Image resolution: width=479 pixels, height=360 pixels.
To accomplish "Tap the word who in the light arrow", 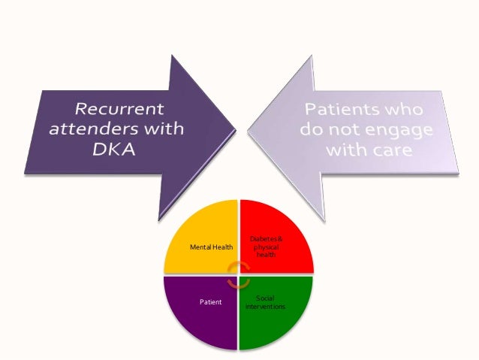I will click(410, 107).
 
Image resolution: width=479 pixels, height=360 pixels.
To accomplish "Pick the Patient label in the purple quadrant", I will click(210, 302).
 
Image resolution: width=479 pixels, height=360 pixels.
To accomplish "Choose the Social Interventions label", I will click(265, 302).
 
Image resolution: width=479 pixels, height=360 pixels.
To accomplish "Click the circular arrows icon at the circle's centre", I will click(239, 274).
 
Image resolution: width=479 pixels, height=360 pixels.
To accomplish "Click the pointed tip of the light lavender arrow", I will click(249, 129).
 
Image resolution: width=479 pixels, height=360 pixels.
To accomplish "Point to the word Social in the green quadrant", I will click(265, 298).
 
